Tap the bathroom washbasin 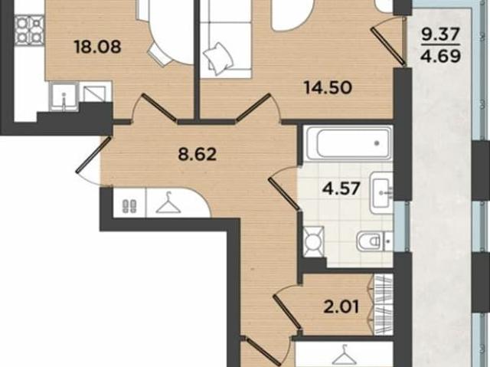381,188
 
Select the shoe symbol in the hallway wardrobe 129,205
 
